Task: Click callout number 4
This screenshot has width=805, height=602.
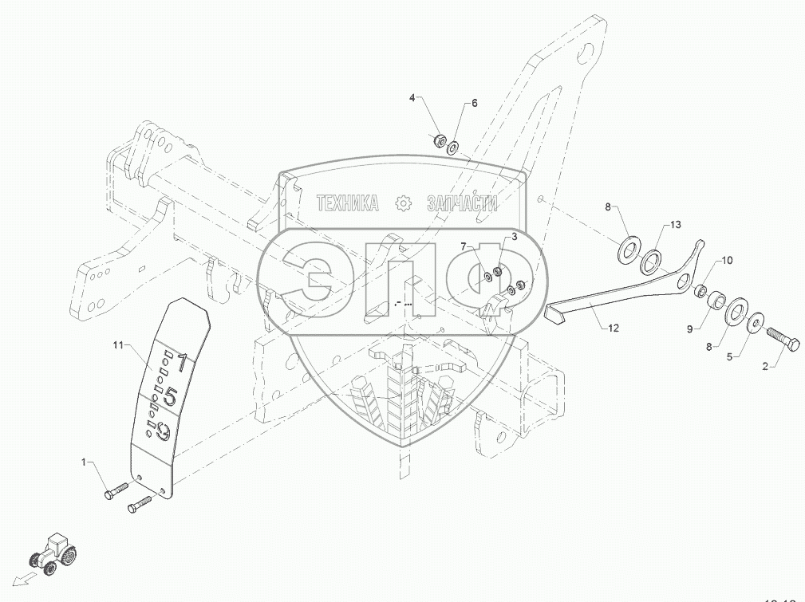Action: [412, 98]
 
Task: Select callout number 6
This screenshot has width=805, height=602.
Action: [474, 104]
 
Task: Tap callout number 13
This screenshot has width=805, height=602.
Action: [676, 226]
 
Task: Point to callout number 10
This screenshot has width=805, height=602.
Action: [727, 261]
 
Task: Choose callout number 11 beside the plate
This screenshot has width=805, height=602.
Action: [120, 344]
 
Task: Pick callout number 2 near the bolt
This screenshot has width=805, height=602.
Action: [766, 367]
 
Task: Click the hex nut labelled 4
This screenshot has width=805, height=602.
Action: [438, 142]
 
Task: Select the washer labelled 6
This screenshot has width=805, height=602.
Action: [452, 147]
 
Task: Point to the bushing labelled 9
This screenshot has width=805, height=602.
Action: [714, 303]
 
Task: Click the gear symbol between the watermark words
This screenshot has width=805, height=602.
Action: [403, 204]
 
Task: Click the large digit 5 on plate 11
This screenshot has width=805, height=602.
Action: [171, 395]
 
